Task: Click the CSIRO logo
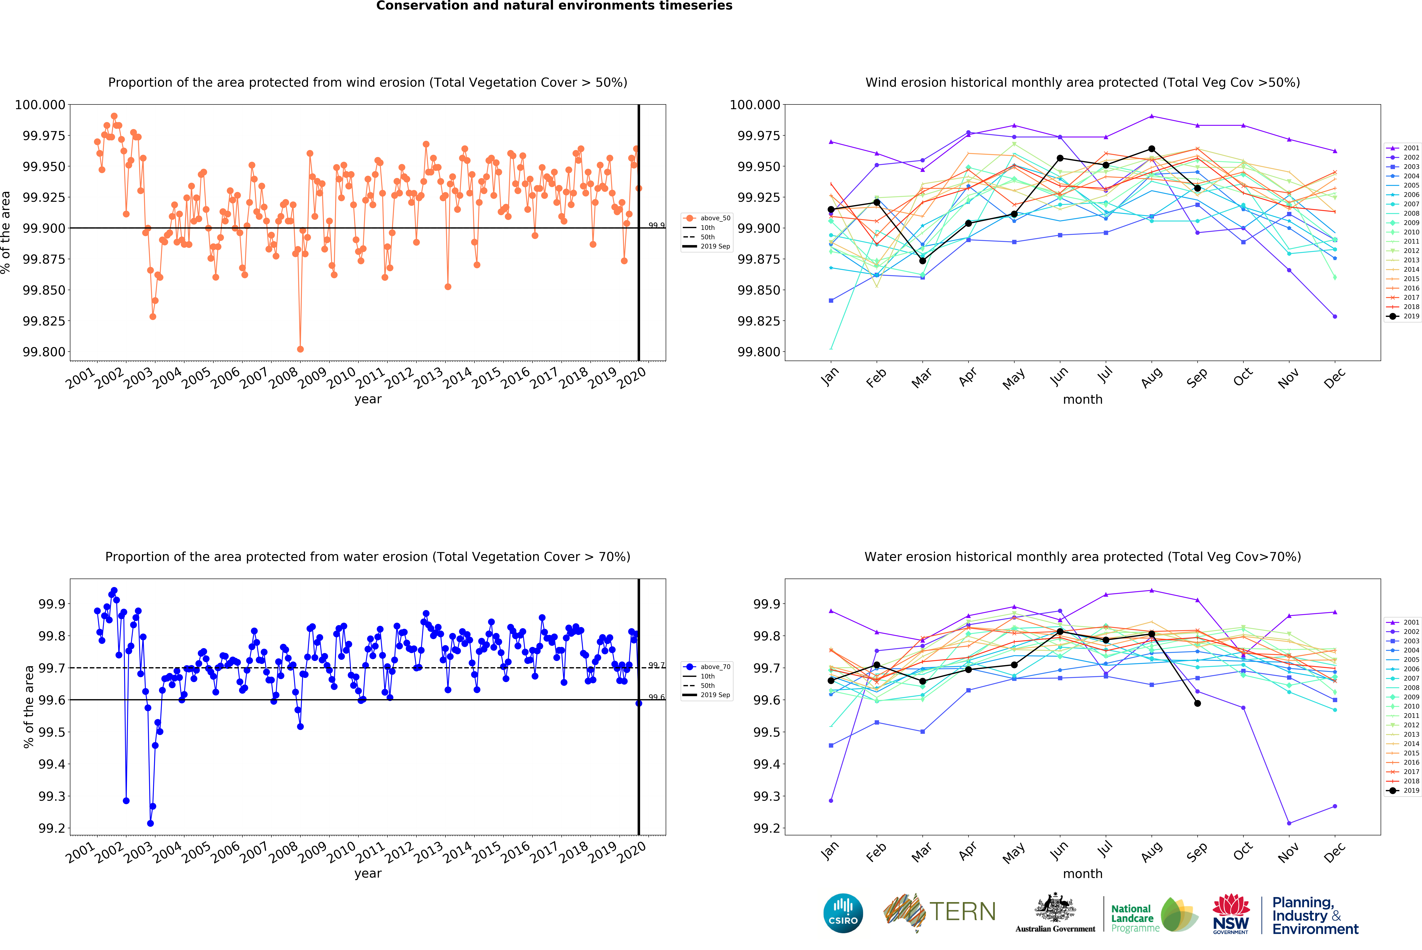pos(843,913)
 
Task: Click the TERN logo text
pos(962,912)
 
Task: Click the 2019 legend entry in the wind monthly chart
pos(1401,316)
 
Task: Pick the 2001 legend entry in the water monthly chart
pos(1401,622)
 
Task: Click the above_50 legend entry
pos(707,218)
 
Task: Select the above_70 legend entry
pos(707,666)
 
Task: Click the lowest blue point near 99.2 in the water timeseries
pos(150,823)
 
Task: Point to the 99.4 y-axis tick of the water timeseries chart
pos(52,764)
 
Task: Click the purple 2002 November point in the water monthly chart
pos(1289,823)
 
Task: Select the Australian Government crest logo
pos(1055,912)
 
